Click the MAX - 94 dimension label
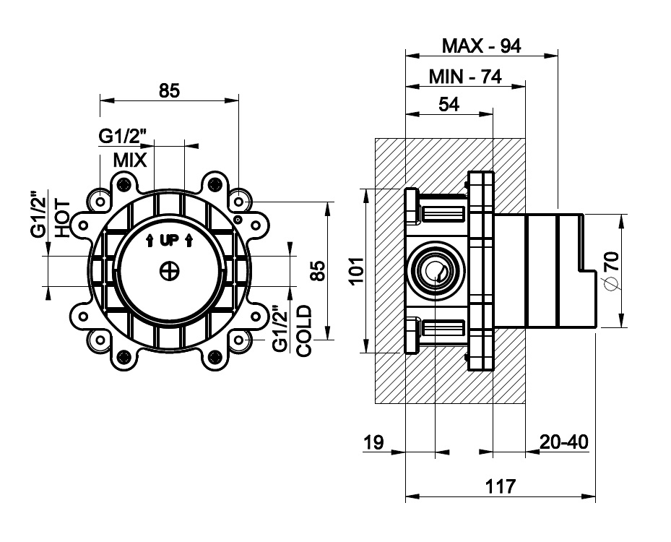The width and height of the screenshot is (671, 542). click(481, 46)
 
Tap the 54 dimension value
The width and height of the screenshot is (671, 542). click(449, 104)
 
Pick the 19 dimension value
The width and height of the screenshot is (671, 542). click(374, 442)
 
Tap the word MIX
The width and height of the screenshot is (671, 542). click(130, 160)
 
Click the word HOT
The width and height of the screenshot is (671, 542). click(62, 219)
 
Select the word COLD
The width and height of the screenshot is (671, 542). click(303, 331)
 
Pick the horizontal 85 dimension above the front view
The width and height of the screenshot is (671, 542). click(168, 91)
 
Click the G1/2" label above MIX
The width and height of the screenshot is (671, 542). click(123, 136)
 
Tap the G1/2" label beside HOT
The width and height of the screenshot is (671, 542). click(39, 215)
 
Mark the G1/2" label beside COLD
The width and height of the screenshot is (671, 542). click(281, 330)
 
